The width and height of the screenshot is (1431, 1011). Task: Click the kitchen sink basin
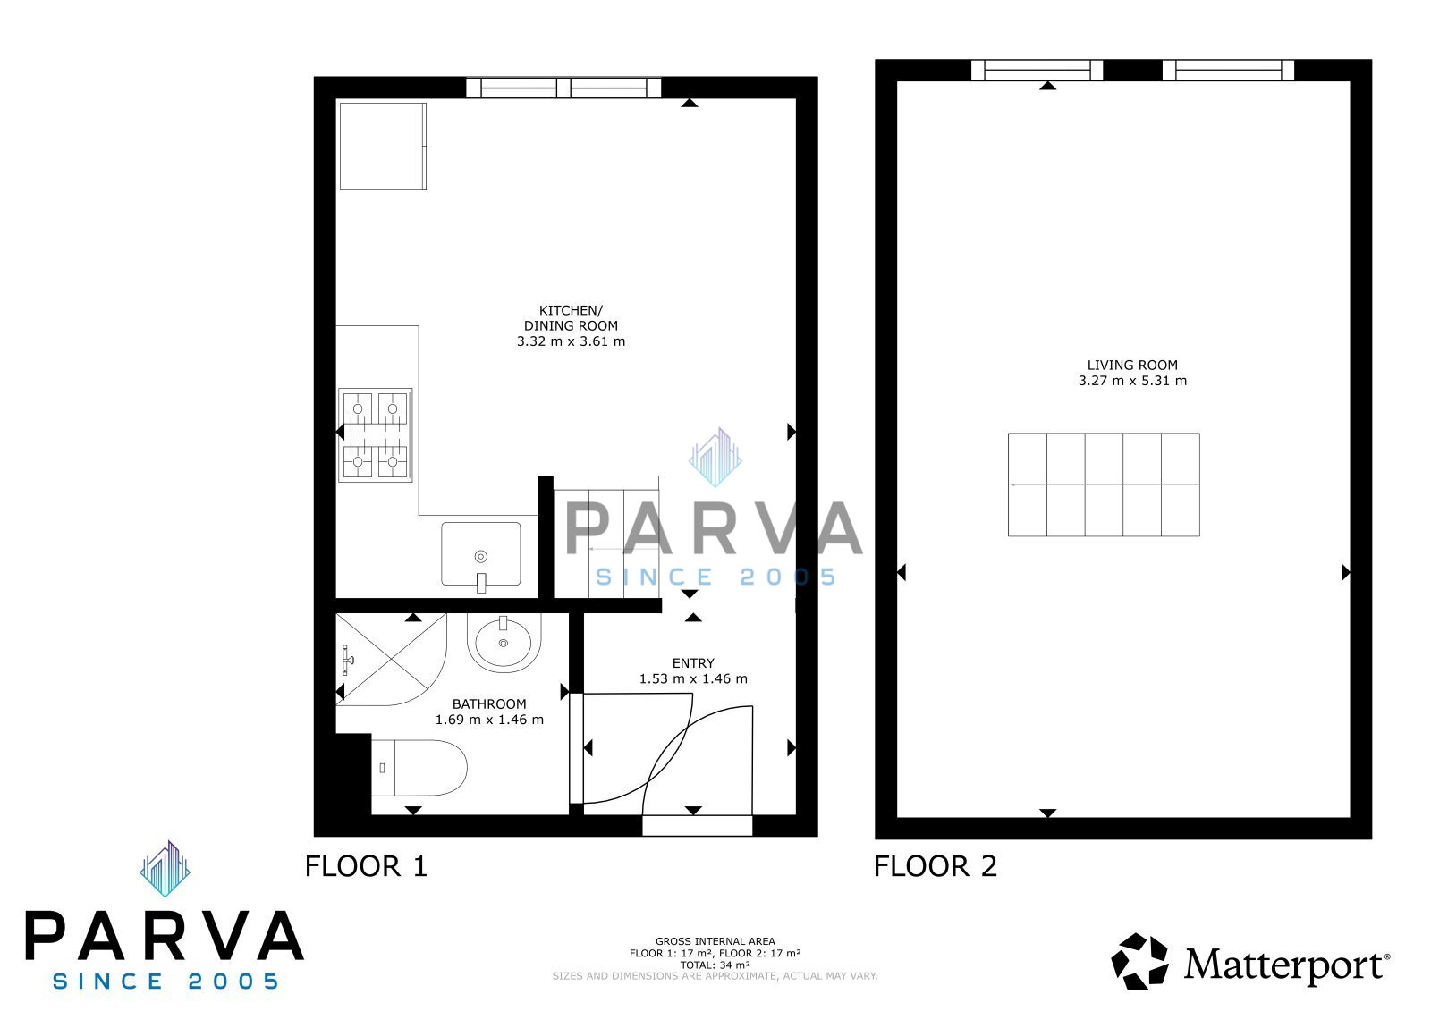[481, 553]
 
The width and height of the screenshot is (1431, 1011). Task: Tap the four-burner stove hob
[375, 435]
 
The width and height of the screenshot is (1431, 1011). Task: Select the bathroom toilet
[419, 768]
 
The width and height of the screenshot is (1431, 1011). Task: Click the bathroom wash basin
[504, 643]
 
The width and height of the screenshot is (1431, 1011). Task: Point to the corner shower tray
[391, 659]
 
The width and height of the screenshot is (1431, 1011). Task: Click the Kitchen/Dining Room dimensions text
[571, 341]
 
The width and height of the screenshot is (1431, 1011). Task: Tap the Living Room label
[1132, 366]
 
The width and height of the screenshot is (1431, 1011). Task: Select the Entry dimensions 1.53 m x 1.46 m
[693, 678]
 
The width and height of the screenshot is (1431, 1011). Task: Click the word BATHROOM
[489, 703]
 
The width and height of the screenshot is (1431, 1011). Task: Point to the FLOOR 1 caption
[366, 867]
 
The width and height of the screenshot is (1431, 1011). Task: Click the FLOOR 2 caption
[936, 867]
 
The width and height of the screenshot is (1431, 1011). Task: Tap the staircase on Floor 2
[1104, 484]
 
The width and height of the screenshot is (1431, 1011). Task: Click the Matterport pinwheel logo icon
[1139, 961]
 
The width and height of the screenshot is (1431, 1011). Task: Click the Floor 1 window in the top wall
[563, 88]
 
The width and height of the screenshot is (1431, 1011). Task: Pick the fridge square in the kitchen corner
[383, 147]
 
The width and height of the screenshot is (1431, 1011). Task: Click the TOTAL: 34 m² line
[715, 965]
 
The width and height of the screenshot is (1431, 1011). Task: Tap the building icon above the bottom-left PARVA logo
[165, 869]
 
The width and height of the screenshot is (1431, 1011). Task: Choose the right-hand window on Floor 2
[1228, 71]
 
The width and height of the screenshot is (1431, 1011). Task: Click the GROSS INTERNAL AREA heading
[715, 941]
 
